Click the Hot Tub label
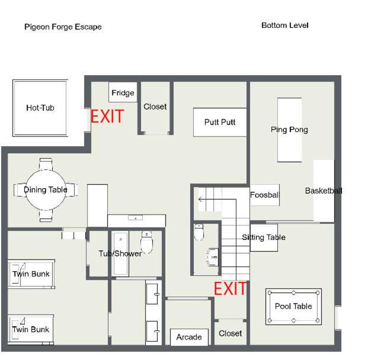click(x=40, y=108)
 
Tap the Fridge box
click(x=123, y=92)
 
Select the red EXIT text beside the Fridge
click(x=107, y=116)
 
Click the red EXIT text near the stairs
click(x=230, y=289)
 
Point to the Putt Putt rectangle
click(x=220, y=122)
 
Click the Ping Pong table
click(x=289, y=130)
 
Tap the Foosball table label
click(x=264, y=195)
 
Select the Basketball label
click(x=324, y=191)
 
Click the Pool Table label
click(x=293, y=306)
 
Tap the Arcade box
click(x=189, y=337)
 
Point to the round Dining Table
click(x=46, y=190)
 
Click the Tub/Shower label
click(x=120, y=253)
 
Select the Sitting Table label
click(x=264, y=237)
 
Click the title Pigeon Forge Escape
click(x=63, y=27)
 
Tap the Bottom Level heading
click(x=285, y=25)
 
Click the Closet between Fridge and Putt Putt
click(x=155, y=107)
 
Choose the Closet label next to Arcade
click(x=230, y=333)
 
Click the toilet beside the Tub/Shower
click(x=146, y=242)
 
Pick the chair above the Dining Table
click(x=46, y=164)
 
